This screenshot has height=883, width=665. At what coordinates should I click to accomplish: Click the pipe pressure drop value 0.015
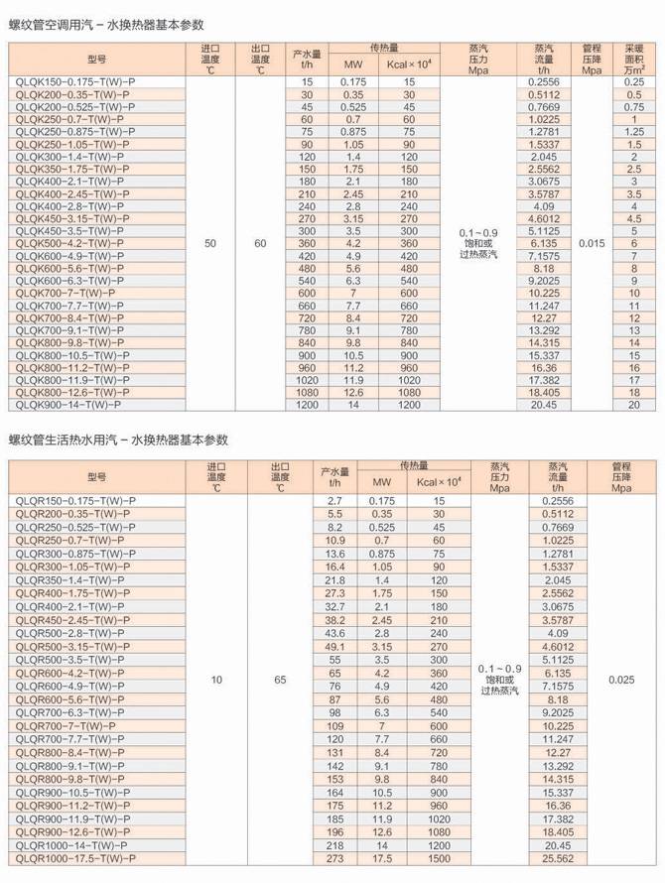pos(592,243)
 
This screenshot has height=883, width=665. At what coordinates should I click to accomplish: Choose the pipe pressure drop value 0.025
pos(621,680)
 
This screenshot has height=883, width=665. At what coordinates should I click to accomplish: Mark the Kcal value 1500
pos(438,858)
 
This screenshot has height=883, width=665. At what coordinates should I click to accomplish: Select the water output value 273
pos(334,858)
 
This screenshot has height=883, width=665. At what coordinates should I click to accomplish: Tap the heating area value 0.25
pos(634,82)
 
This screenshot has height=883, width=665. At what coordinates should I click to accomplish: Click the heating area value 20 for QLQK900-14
pos(634,405)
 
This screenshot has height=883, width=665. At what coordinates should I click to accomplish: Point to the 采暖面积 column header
pos(634,60)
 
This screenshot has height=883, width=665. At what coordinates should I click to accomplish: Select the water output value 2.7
pos(334,501)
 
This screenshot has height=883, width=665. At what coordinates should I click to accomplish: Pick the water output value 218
pos(334,845)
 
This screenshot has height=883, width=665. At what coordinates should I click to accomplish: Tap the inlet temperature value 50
pos(209,243)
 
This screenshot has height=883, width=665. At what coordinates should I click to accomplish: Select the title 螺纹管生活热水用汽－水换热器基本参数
pos(119,440)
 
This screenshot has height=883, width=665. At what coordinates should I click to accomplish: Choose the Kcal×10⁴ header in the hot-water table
pos(438,482)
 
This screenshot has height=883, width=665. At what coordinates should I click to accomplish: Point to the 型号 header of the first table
pos(96,60)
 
